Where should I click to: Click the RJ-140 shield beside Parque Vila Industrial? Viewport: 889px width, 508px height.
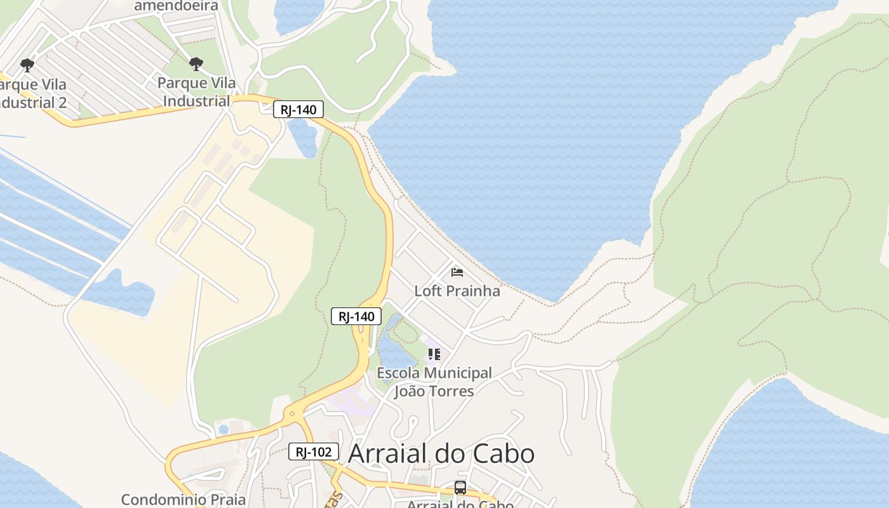tap(298, 109)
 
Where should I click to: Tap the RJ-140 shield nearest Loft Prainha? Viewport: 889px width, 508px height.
tap(356, 316)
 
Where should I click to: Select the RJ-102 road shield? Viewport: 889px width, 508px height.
tap(314, 452)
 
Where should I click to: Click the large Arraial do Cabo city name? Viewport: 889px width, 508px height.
tap(441, 453)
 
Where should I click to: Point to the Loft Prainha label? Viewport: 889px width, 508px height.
tap(457, 291)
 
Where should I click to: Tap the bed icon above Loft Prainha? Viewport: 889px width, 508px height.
tap(457, 272)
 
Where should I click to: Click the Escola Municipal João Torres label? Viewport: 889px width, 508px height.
tap(434, 382)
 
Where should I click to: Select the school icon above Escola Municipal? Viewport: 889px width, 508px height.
tap(434, 354)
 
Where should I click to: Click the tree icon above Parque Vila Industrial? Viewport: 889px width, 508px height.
tap(196, 63)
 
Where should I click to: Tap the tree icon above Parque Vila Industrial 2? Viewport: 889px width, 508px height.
tap(27, 65)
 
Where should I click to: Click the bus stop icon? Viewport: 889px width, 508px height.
tap(460, 488)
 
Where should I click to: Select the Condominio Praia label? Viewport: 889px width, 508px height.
tap(184, 499)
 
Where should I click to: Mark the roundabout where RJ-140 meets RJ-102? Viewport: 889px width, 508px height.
tap(292, 413)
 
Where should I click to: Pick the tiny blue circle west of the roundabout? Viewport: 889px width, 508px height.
tap(224, 429)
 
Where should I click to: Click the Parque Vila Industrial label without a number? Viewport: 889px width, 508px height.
tap(196, 91)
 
